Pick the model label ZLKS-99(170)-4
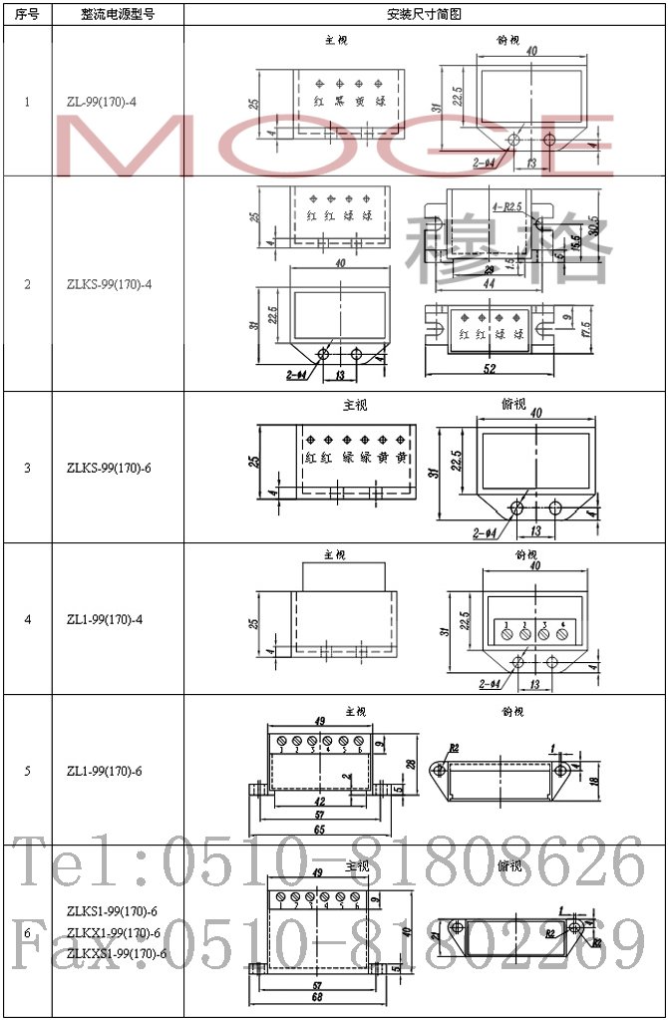click(109, 284)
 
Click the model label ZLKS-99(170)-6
click(109, 468)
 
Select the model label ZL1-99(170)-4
click(104, 619)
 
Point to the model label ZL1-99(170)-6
click(104, 771)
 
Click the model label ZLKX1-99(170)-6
click(113, 933)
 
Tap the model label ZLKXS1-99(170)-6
click(116, 954)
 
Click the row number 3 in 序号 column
click(27, 468)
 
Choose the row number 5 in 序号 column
click(27, 771)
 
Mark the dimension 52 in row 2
click(489, 371)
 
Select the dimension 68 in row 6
click(317, 998)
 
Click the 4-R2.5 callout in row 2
click(506, 206)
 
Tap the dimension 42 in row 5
click(317, 800)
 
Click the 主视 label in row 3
click(355, 406)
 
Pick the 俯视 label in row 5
click(510, 712)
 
